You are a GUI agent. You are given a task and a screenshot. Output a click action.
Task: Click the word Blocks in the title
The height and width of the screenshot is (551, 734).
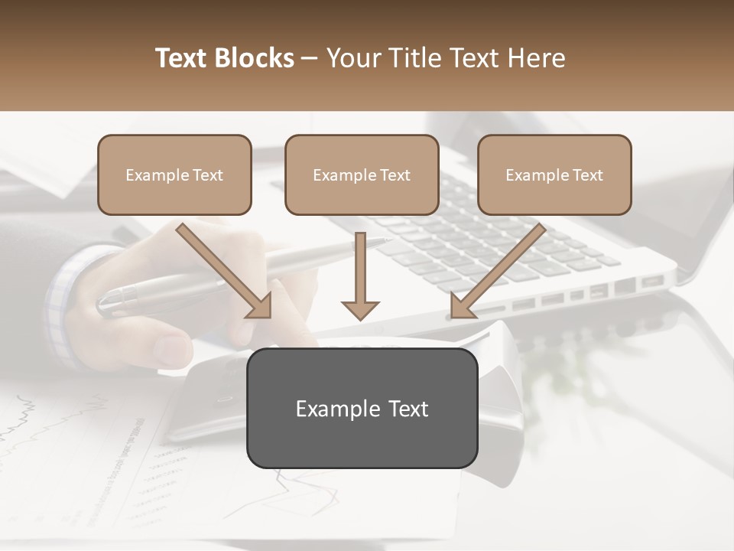pyautogui.click(x=255, y=58)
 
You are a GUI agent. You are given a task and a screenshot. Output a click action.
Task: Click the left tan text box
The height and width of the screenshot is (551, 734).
pyautogui.click(x=174, y=174)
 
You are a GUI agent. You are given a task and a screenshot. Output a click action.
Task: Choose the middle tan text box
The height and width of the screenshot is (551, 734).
pyautogui.click(x=362, y=174)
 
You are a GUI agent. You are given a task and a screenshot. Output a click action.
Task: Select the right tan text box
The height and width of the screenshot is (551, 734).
pyautogui.click(x=554, y=174)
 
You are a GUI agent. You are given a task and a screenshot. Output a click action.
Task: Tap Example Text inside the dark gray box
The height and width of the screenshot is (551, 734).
pyautogui.click(x=362, y=409)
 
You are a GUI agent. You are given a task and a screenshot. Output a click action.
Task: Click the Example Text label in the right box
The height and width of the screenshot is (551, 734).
pyautogui.click(x=554, y=175)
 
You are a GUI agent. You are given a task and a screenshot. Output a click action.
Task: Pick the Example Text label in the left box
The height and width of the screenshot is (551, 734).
pyautogui.click(x=174, y=175)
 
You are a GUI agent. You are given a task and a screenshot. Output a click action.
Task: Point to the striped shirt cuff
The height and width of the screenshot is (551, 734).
pyautogui.click(x=65, y=306)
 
